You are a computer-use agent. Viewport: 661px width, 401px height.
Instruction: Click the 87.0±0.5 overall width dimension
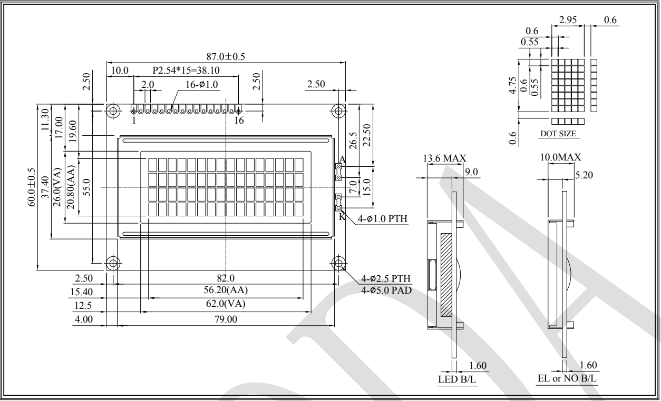226,56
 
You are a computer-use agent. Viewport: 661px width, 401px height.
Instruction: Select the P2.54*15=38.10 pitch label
186,71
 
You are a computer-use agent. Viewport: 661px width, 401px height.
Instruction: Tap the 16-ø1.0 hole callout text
201,85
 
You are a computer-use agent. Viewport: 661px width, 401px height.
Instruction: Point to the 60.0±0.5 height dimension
32,187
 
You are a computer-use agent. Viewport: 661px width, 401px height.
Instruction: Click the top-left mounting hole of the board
113,111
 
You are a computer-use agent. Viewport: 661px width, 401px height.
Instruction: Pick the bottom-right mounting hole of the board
338,263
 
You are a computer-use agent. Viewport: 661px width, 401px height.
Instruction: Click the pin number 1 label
134,120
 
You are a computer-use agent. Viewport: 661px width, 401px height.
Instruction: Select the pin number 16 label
239,120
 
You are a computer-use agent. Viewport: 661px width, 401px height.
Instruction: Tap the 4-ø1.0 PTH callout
383,218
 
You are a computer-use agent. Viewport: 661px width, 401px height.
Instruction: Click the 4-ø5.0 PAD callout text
386,290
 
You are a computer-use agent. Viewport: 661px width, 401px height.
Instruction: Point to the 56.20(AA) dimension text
226,290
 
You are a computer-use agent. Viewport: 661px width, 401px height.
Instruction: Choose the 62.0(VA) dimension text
226,304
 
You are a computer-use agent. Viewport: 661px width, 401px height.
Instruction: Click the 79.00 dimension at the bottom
226,319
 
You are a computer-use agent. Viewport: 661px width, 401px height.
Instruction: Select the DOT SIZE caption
558,134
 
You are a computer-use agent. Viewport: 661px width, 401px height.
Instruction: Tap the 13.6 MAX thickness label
444,158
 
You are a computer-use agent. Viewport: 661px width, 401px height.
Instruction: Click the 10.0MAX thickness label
560,157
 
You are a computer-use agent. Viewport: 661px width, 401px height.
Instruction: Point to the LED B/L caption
457,379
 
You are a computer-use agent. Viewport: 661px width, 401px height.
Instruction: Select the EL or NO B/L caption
567,378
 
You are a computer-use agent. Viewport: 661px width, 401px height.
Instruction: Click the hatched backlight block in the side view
446,275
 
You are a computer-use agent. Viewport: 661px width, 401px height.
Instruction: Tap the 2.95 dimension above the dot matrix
568,20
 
